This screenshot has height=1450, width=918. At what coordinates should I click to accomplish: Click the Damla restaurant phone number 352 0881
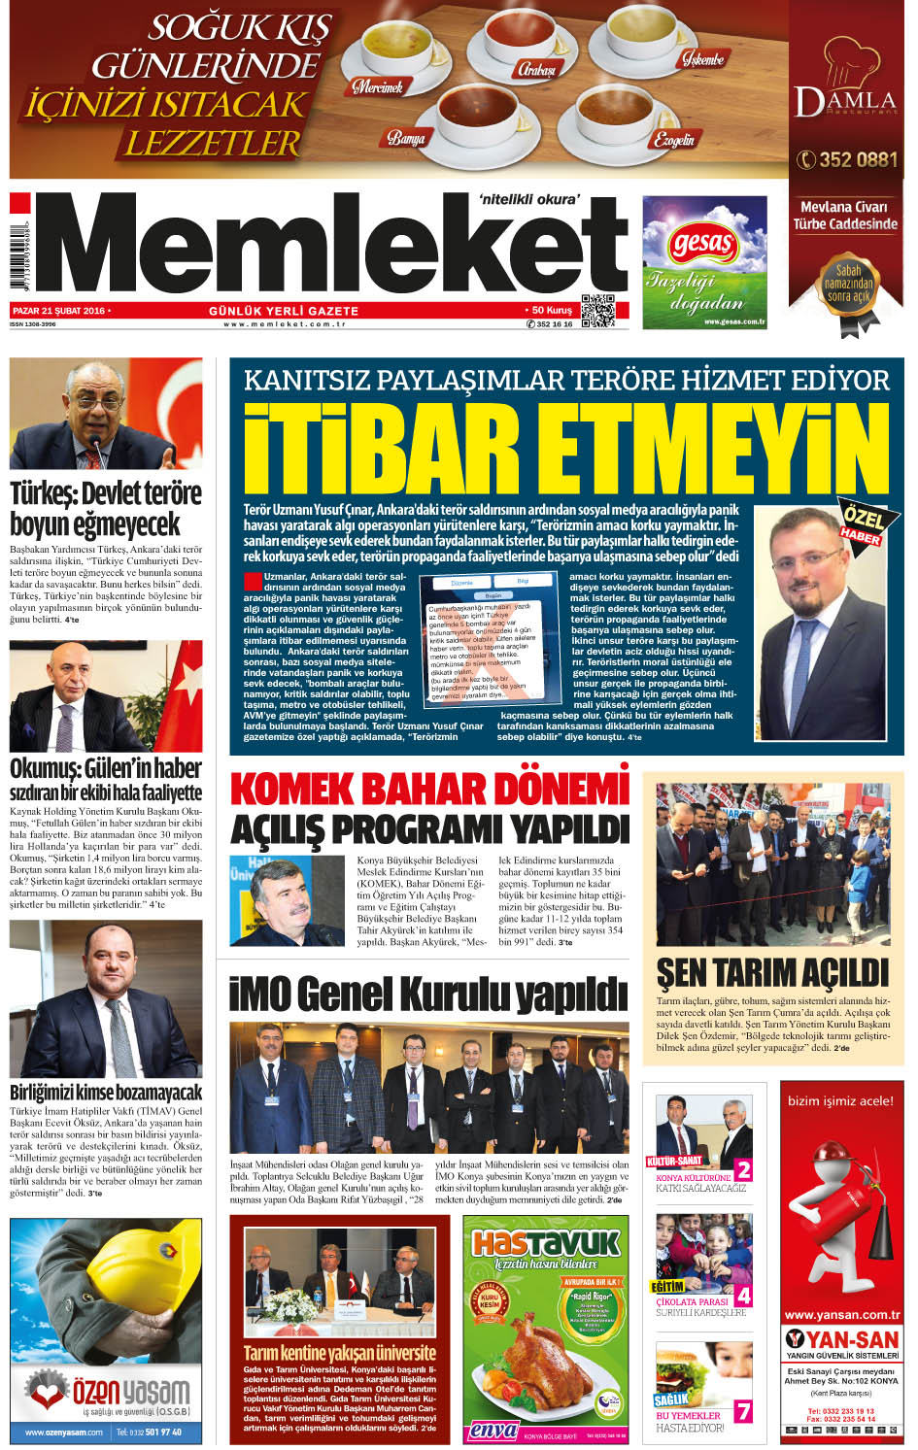[846, 159]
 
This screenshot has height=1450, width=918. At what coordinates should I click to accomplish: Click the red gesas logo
[702, 244]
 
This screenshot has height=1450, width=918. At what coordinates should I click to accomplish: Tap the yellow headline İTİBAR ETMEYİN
[565, 450]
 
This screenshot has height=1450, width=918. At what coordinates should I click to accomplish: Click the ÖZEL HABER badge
[862, 523]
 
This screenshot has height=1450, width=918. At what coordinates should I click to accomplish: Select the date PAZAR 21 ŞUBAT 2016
[58, 311]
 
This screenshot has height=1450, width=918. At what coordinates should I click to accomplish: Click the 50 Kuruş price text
[552, 310]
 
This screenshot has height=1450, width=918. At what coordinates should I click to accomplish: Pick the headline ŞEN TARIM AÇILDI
[772, 972]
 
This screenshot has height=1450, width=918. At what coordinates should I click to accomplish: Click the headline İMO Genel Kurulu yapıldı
[427, 995]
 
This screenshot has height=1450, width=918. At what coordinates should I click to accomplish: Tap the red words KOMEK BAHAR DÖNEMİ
[429, 789]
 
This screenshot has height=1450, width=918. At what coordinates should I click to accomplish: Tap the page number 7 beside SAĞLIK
[743, 1411]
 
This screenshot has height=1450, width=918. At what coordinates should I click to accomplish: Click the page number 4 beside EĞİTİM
[743, 1296]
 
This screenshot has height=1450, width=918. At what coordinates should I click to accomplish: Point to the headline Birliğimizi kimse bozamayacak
[106, 1092]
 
